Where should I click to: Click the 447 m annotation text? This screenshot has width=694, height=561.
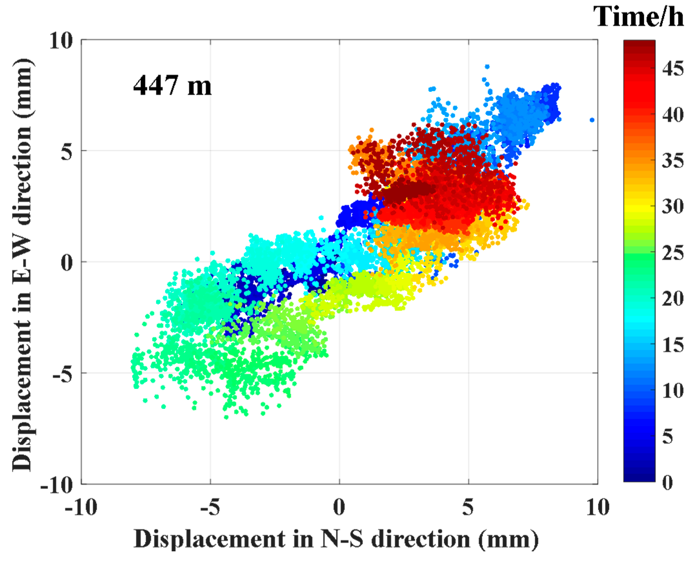point(172,86)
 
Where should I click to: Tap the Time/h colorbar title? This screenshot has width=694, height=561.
point(639,17)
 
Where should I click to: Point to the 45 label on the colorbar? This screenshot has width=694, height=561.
point(673,69)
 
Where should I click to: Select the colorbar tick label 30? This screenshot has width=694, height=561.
point(673,206)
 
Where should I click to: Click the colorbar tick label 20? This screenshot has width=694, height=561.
point(673,299)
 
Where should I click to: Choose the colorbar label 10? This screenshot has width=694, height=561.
point(673,391)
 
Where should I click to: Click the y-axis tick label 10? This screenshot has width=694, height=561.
point(61,41)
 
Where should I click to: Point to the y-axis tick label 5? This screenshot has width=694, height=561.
point(66,151)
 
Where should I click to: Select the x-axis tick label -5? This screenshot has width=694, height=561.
point(210,508)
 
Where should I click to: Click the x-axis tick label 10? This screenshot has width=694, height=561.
point(597,508)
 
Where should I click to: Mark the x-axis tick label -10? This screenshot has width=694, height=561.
point(81,508)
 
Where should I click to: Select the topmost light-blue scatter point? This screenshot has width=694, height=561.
point(487,67)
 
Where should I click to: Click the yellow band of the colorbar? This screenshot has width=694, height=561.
point(639,207)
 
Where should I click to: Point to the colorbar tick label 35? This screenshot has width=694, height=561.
point(673,160)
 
